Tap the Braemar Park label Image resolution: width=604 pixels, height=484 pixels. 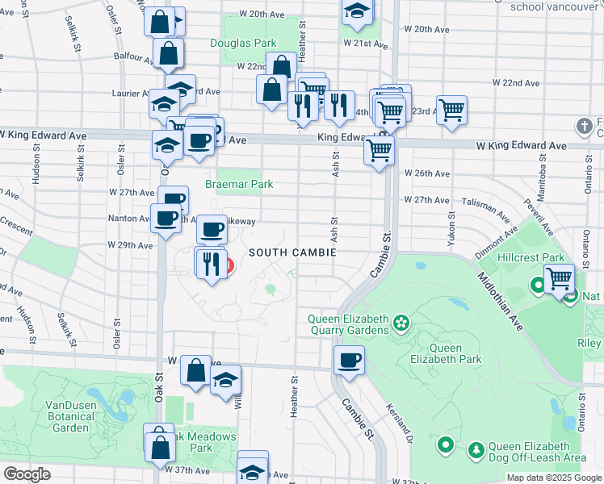pyautogui.click(x=238, y=185)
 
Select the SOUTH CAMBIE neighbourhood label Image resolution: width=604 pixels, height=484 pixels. pyautogui.click(x=292, y=252)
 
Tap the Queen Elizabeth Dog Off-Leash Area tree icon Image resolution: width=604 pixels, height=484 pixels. pyautogui.click(x=476, y=449)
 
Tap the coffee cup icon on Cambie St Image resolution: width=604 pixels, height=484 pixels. pyautogui.click(x=349, y=360)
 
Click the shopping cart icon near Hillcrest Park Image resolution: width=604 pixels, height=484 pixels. pyautogui.click(x=559, y=278)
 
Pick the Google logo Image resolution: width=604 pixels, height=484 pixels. pyautogui.click(x=27, y=474)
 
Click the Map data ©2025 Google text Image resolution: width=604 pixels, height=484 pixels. pyautogui.click(x=554, y=478)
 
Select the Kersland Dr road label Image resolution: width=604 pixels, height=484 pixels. pyautogui.click(x=399, y=423)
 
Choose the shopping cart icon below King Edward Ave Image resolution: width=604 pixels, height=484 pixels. pyautogui.click(x=379, y=149)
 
